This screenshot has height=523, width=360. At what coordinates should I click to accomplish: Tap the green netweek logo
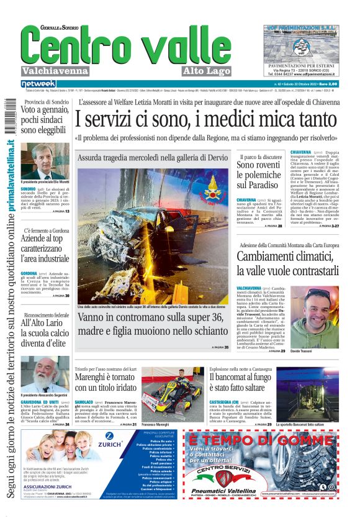(38, 84)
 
